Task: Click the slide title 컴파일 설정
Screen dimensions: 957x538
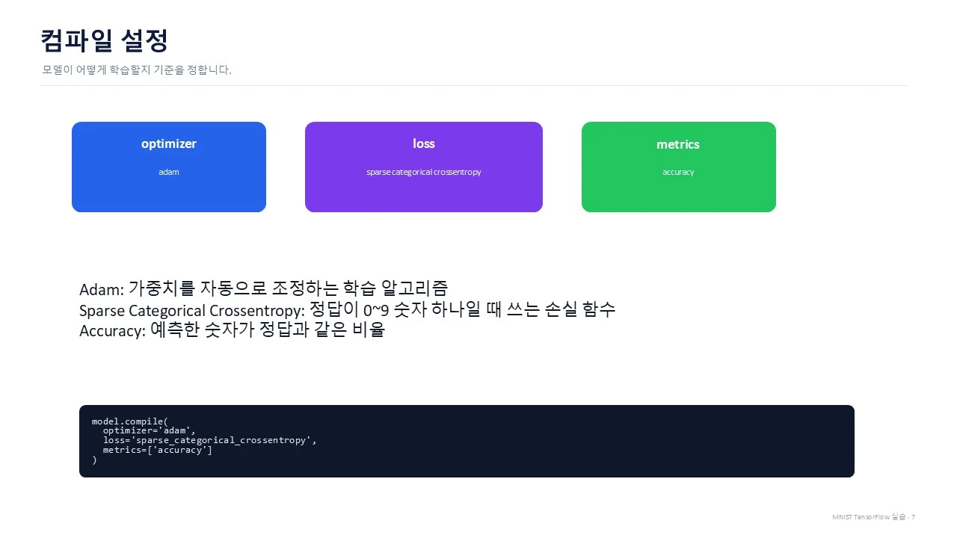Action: (x=104, y=41)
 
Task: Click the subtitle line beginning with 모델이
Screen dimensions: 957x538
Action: (x=137, y=69)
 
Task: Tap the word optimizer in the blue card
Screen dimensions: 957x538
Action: (x=169, y=144)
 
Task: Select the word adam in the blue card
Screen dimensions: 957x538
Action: (x=169, y=172)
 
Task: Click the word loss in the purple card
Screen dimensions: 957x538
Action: (x=424, y=143)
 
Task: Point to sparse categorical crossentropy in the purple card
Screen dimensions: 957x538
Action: (x=423, y=172)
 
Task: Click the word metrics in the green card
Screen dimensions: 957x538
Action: (x=678, y=145)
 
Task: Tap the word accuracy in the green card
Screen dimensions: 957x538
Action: (x=678, y=172)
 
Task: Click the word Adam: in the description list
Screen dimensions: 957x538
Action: (x=102, y=289)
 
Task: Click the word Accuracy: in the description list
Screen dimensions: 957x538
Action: (x=112, y=331)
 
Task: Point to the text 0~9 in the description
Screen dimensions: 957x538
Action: (x=376, y=310)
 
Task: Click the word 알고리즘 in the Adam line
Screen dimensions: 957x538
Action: (x=414, y=288)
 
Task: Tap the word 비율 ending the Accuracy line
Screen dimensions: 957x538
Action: (x=369, y=330)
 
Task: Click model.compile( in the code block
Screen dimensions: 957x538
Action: (x=130, y=421)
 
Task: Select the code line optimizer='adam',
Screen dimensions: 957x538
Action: (x=149, y=431)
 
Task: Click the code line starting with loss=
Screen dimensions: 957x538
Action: (x=209, y=440)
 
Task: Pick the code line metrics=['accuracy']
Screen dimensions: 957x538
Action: (x=157, y=450)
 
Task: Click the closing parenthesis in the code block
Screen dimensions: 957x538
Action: (x=94, y=460)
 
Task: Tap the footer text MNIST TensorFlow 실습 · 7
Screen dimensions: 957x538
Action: (x=873, y=516)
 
